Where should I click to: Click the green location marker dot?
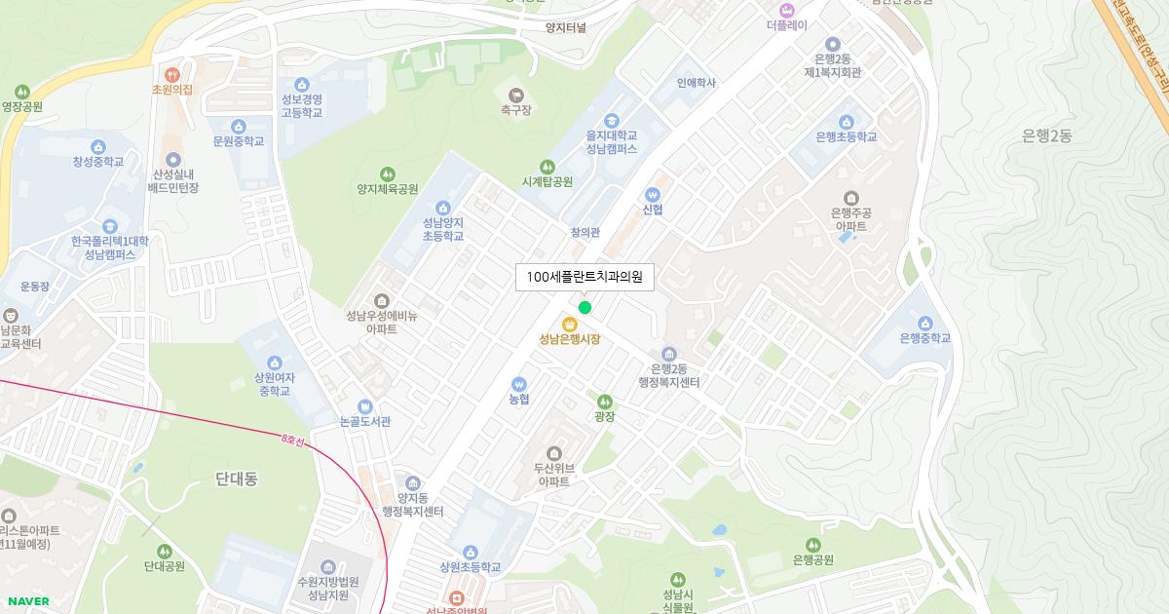point(584,308)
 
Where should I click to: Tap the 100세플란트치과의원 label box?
point(584,277)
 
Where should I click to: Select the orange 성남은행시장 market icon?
point(570,324)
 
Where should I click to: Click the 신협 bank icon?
point(653,193)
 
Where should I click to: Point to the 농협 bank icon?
point(518,383)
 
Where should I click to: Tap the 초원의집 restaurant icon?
point(172,73)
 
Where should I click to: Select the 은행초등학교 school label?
point(846,137)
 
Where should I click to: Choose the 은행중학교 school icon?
point(924,323)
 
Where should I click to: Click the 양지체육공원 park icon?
point(388,173)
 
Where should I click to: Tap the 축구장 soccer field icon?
point(516,95)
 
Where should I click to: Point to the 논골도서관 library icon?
point(365,406)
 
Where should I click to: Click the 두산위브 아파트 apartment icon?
point(554,453)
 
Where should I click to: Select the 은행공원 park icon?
point(813,544)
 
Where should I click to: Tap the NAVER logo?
point(27,601)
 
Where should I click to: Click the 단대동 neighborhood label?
point(236,479)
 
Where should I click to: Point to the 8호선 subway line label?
point(292,441)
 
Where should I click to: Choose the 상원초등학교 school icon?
point(471,552)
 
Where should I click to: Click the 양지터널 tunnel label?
point(566,28)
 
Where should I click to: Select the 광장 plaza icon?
point(605,401)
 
